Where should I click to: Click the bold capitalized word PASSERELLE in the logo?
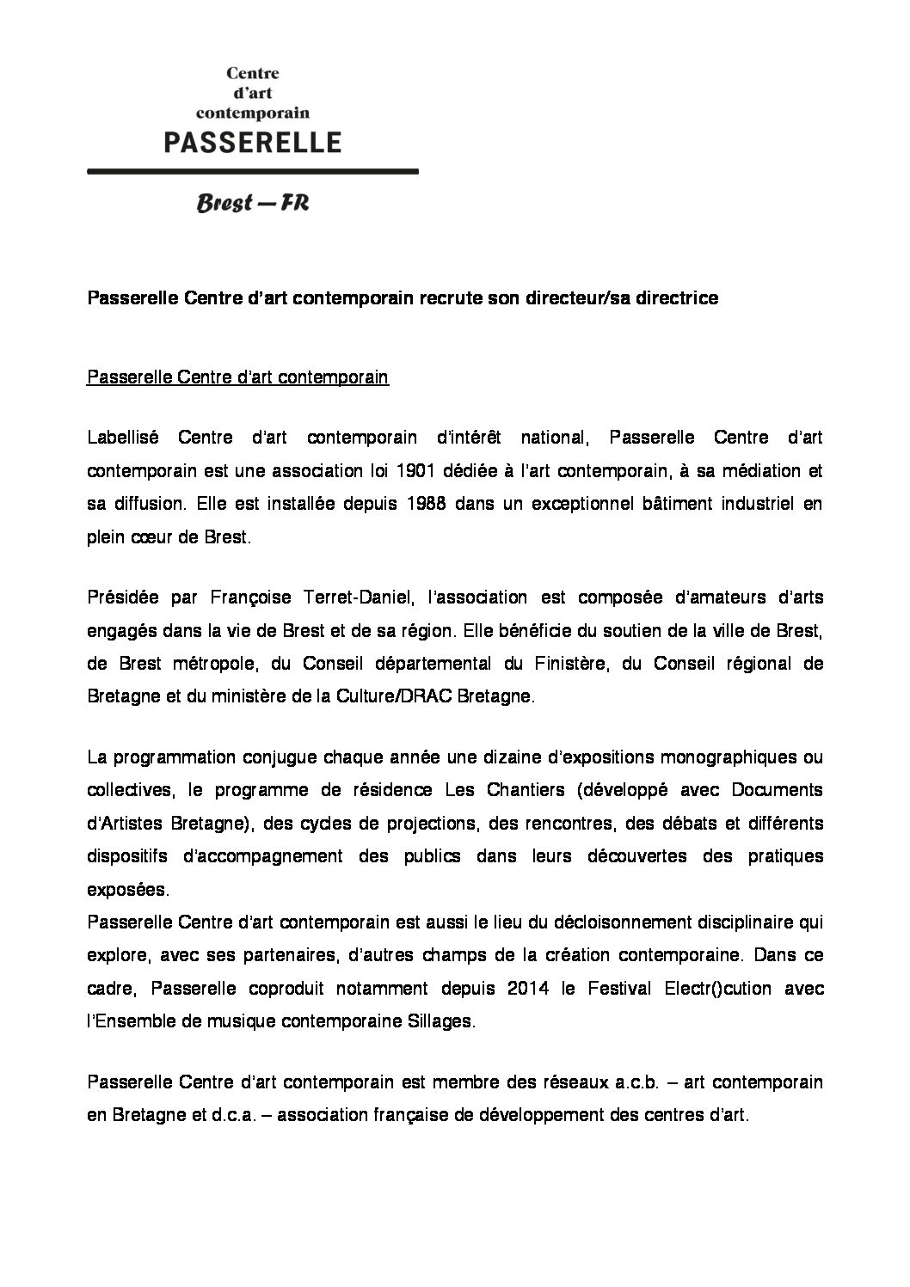pos(253,141)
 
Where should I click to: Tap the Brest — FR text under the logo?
pos(253,204)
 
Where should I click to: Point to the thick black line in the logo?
pos(253,172)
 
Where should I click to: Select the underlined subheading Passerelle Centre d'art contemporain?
pos(238,377)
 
